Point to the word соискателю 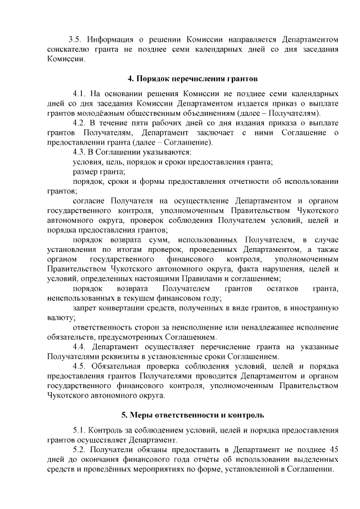(70, 49)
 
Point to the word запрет (85, 308)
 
